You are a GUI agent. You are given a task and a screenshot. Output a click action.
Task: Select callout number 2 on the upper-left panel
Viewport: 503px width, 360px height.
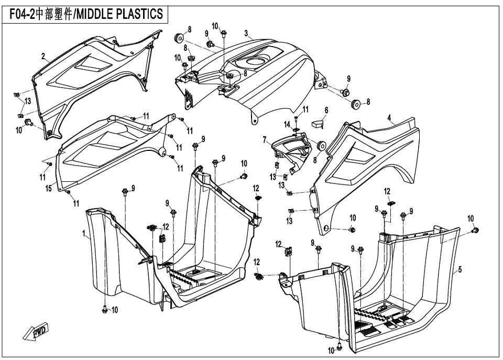point(43,56)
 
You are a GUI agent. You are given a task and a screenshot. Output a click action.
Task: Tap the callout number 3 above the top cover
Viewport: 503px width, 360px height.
point(246,33)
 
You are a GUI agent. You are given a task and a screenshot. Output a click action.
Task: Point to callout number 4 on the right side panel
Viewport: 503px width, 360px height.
point(389,118)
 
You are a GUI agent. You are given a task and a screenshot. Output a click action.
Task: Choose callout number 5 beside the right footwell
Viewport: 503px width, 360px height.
point(460,270)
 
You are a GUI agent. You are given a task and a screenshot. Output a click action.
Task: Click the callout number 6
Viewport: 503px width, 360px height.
point(326,111)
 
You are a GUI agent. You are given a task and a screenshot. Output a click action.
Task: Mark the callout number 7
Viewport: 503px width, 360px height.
point(265,140)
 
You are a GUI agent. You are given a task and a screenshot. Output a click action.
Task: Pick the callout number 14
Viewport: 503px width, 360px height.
point(287,124)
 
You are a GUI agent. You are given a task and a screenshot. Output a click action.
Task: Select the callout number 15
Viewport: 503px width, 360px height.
point(48,189)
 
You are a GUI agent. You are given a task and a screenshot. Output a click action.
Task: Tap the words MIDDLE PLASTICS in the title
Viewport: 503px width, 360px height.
point(122,14)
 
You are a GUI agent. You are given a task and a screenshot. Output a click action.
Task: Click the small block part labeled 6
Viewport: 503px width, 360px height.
point(318,125)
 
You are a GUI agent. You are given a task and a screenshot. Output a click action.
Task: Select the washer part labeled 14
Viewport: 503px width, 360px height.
point(297,129)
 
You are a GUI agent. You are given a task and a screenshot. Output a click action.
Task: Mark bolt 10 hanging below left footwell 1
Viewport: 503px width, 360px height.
point(105,309)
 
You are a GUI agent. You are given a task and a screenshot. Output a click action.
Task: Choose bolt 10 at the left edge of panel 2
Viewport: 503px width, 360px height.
point(30,123)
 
